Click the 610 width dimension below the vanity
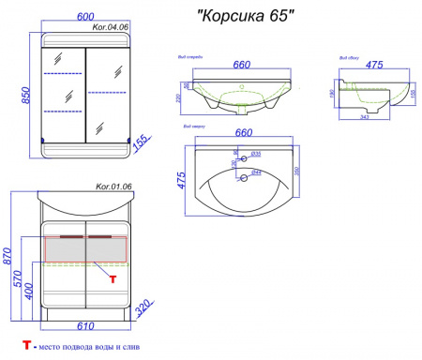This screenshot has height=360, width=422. coord(86,325)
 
